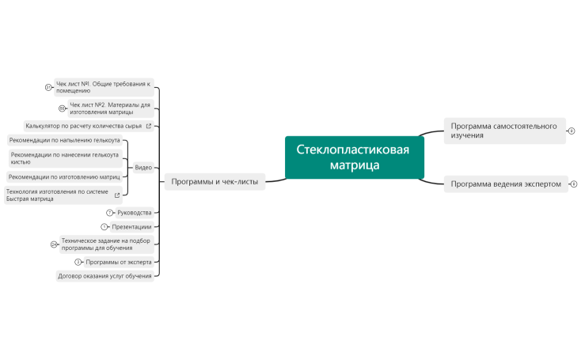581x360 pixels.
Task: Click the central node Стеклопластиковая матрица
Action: (x=354, y=157)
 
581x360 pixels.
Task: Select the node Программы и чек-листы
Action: (x=215, y=181)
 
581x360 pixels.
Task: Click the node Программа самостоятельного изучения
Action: (x=504, y=131)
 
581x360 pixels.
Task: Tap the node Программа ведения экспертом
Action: (x=505, y=184)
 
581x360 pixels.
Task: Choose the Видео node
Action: (x=143, y=168)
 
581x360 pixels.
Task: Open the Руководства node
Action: (x=134, y=213)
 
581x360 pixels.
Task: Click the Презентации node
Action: (x=131, y=227)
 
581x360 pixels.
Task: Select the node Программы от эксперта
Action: (x=118, y=262)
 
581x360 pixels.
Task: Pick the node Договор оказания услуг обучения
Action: (x=104, y=276)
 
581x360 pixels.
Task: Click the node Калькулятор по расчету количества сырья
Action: (x=83, y=126)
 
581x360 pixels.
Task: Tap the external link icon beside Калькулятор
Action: (x=148, y=126)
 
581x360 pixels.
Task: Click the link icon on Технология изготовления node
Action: (x=118, y=195)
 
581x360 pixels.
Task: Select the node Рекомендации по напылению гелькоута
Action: (x=64, y=140)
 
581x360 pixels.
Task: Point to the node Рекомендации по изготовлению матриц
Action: (x=64, y=176)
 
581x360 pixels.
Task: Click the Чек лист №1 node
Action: (x=102, y=87)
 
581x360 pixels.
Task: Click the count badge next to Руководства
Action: (x=109, y=213)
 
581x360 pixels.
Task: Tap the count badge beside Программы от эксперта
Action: (x=78, y=262)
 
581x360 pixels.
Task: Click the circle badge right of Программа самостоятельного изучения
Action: (x=572, y=131)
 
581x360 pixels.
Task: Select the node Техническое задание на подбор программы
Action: (x=105, y=244)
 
